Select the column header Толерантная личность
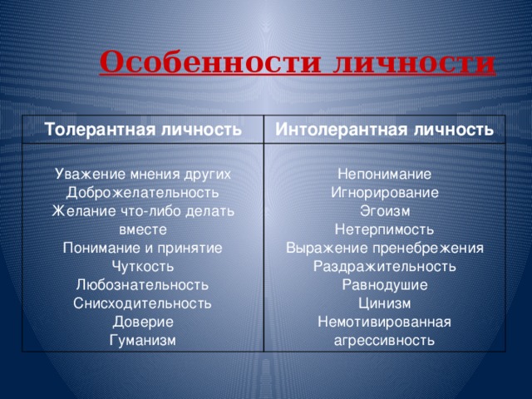[144, 131]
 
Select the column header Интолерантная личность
[384, 130]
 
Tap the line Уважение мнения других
[142, 175]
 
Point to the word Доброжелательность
[142, 193]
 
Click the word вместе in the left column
[142, 229]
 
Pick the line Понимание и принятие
[142, 248]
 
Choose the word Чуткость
[142, 266]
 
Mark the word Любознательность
[142, 284]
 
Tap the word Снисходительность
[142, 303]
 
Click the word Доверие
[142, 321]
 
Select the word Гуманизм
[142, 339]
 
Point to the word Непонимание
[384, 175]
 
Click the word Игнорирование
[384, 193]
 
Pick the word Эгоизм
[384, 211]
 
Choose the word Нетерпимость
[384, 229]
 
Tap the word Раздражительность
[384, 266]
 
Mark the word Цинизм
[384, 303]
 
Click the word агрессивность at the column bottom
[384, 339]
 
